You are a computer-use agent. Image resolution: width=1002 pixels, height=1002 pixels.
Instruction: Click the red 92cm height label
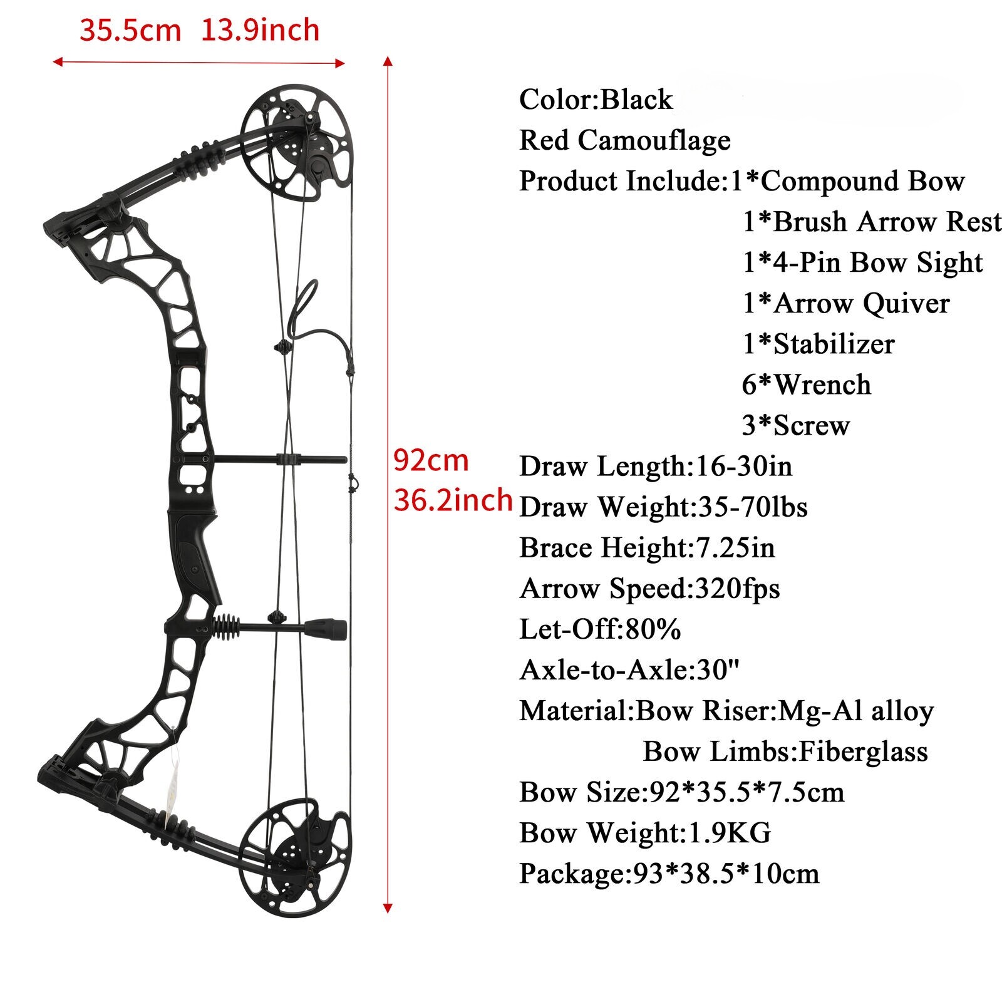click(x=431, y=461)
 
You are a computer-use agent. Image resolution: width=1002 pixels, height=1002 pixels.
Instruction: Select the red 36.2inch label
click(x=453, y=500)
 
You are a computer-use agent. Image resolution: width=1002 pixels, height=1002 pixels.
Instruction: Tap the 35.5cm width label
click(x=130, y=30)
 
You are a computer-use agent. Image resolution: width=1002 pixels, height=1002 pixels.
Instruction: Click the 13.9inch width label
click(x=260, y=30)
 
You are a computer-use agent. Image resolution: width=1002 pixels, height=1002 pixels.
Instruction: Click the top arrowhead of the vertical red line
click(x=388, y=61)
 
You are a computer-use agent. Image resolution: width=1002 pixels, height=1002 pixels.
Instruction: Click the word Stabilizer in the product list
click(x=834, y=344)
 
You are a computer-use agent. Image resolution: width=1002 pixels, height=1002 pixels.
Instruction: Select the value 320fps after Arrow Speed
click(x=737, y=589)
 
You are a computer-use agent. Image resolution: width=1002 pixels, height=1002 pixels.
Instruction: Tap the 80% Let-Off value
click(x=653, y=629)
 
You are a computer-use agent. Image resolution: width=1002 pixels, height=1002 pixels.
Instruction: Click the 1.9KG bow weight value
click(x=730, y=833)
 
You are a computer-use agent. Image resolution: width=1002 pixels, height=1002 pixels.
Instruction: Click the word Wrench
click(x=822, y=385)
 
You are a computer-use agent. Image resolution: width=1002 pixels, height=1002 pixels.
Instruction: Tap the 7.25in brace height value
click(x=735, y=548)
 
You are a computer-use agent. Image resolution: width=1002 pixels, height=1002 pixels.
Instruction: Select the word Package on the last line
click(x=572, y=874)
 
